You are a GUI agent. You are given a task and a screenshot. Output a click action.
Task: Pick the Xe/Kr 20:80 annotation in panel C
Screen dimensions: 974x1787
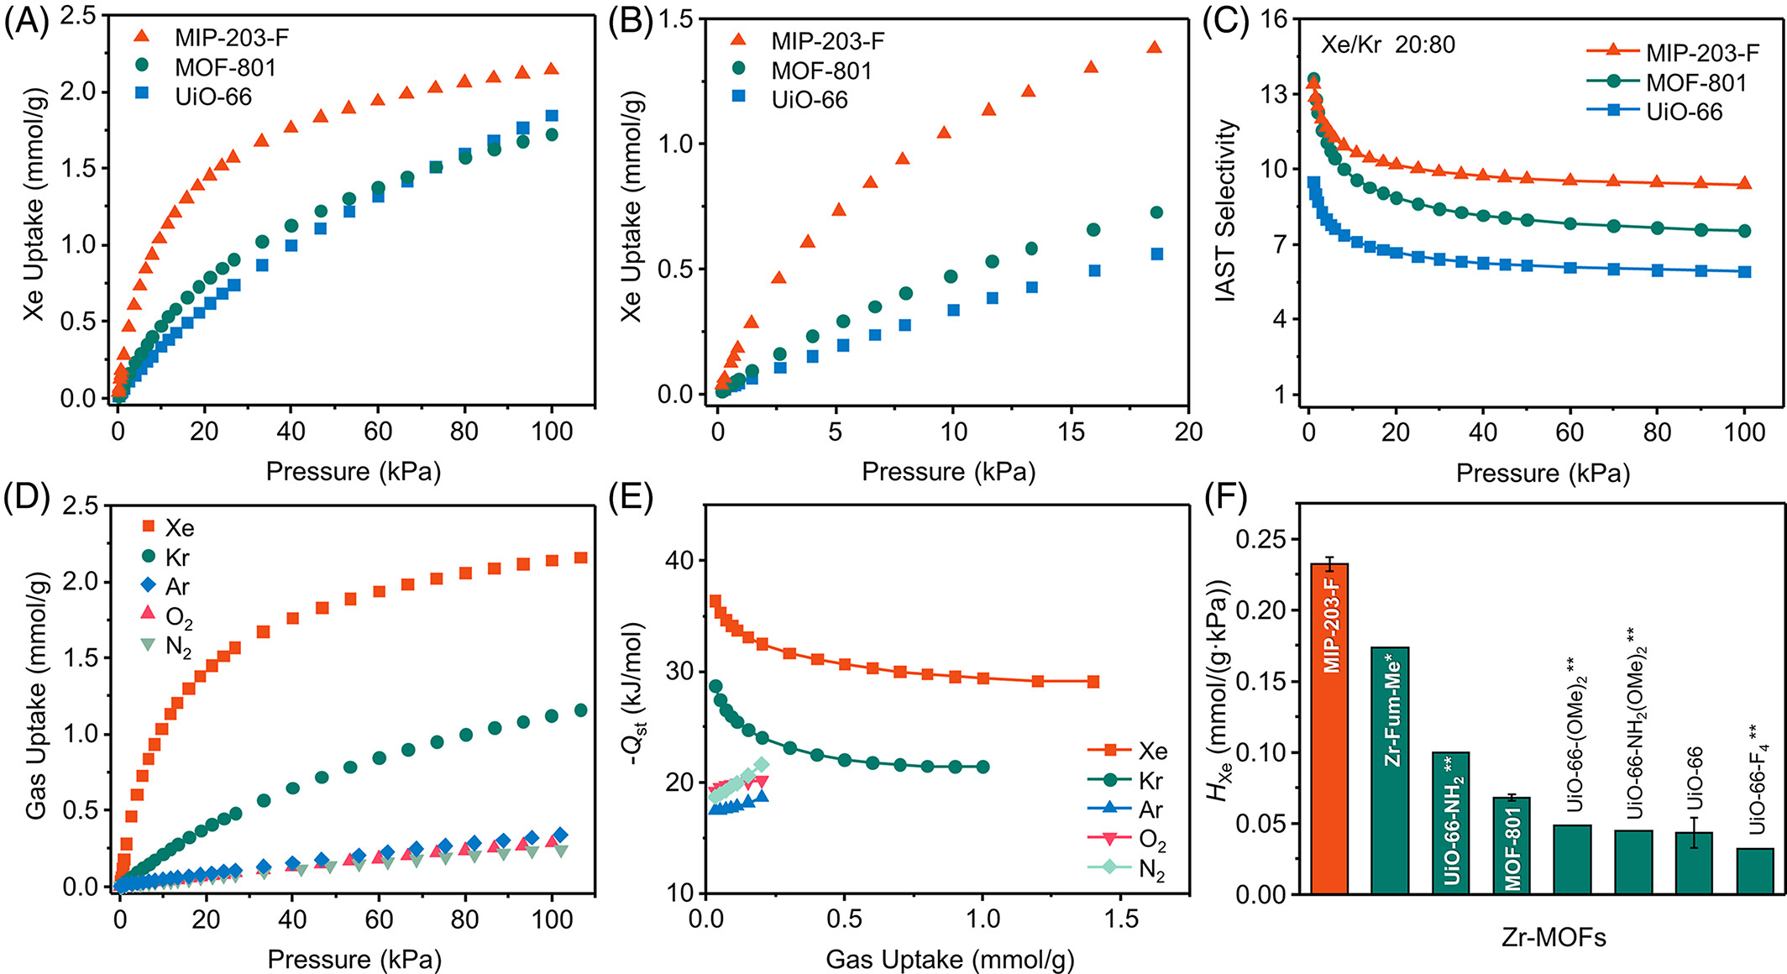(1388, 45)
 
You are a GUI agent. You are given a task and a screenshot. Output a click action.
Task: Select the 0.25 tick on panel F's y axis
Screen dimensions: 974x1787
(1260, 539)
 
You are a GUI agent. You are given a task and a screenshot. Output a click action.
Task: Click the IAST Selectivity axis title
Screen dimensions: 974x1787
(1227, 211)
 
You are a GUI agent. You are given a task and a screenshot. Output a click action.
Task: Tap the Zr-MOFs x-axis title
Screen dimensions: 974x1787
(1554, 937)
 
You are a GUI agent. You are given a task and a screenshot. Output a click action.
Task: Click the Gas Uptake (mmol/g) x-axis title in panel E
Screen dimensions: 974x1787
(949, 959)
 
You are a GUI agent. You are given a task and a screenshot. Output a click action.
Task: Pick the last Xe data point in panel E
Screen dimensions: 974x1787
(1093, 682)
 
